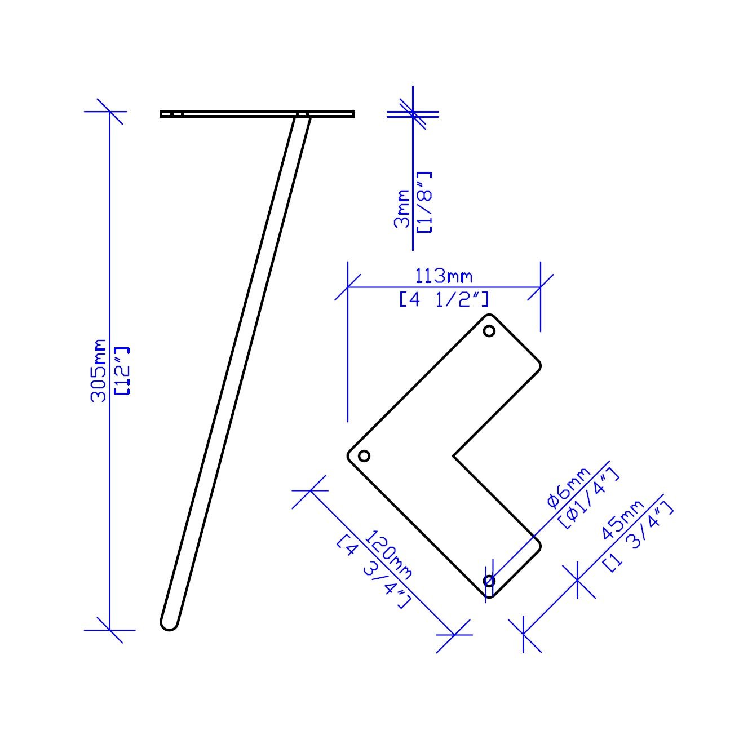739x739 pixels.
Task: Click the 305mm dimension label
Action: (99, 370)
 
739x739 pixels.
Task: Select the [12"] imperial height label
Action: (122, 370)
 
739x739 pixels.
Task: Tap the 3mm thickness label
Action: (402, 208)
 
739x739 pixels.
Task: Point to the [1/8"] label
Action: (424, 202)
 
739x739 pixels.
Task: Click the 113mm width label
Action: (444, 276)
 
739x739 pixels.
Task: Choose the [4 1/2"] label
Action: (444, 299)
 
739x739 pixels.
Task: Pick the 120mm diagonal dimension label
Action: (389, 555)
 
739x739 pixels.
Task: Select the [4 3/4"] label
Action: (372, 572)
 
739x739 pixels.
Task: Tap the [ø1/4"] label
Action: (588, 499)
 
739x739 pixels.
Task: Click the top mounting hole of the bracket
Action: (489, 331)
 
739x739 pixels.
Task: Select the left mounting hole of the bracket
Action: (364, 455)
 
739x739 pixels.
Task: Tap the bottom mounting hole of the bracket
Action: (489, 580)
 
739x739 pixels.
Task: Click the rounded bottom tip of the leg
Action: (169, 624)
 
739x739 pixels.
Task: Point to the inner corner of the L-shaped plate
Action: (454, 455)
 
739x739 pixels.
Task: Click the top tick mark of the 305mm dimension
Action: (109, 112)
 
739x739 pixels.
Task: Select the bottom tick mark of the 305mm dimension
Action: (109, 630)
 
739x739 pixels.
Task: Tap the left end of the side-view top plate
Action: (162, 114)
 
